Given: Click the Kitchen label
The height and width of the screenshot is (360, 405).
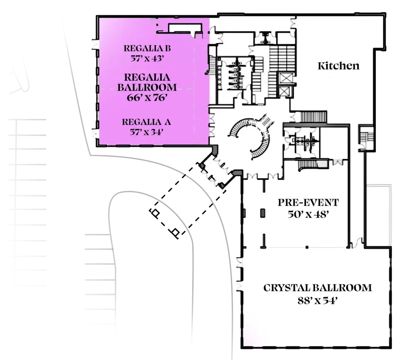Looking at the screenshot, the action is click(x=339, y=66).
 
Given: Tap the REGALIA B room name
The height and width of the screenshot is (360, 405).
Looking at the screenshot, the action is click(x=147, y=48).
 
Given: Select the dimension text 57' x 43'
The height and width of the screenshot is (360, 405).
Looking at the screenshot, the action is click(x=147, y=58).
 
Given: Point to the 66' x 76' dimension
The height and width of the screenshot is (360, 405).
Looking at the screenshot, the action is click(x=147, y=98).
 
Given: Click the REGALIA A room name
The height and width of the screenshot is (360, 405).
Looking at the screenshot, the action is click(x=146, y=122).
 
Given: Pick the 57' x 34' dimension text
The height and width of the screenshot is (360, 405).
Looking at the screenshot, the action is click(x=146, y=132).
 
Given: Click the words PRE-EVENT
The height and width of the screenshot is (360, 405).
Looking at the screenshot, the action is click(x=308, y=203).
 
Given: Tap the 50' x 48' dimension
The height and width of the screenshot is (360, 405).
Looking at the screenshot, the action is click(x=308, y=215).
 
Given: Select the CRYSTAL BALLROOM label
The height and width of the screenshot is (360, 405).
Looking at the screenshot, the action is click(x=318, y=288).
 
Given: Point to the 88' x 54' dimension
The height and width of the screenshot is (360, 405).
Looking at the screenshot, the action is click(x=318, y=301).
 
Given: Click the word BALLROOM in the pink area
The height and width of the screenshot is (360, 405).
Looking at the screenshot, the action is click(x=147, y=87).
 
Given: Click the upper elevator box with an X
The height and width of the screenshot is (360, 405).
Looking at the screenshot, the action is click(x=286, y=78).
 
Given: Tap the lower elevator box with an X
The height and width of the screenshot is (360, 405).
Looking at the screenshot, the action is click(x=285, y=91).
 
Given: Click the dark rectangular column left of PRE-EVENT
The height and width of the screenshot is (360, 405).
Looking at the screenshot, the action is click(x=263, y=213).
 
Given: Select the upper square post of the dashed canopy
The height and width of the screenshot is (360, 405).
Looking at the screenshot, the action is click(x=155, y=213).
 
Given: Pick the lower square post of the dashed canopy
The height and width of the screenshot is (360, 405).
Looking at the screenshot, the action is click(x=176, y=232).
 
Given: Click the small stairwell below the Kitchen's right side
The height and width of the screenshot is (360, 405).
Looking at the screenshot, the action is click(x=366, y=138).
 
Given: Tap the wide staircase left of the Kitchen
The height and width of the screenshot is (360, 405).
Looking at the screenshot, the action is click(x=282, y=58).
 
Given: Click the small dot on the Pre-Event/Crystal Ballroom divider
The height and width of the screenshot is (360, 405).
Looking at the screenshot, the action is click(x=307, y=247).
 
